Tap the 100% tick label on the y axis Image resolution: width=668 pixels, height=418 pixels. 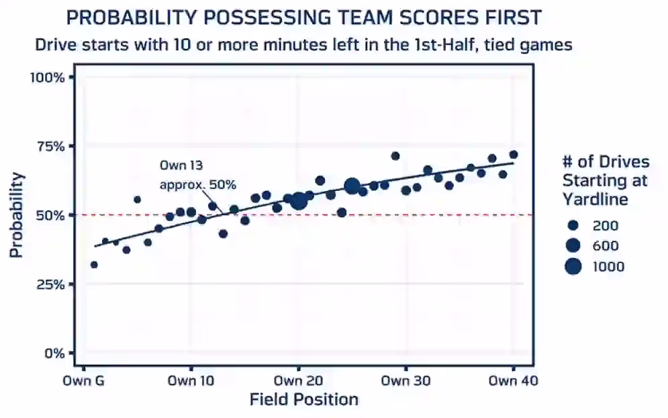47,77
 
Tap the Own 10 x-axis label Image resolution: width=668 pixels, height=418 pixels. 191,381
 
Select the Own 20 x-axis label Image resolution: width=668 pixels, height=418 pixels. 299,381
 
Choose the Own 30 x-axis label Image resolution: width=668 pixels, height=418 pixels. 406,381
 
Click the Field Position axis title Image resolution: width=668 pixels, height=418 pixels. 303,400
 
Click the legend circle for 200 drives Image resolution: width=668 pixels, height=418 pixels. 573,225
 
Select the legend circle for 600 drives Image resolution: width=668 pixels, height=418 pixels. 573,245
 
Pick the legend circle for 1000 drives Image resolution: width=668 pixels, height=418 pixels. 573,266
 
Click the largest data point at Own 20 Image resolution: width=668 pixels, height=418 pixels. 299,201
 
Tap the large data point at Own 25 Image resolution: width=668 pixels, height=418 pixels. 352,186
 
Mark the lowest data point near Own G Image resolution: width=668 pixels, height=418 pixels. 94,265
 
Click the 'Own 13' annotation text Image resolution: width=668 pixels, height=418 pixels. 181,165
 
